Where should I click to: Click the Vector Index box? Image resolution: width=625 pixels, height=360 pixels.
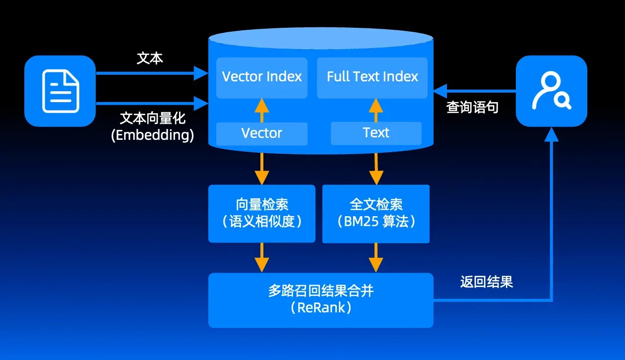pyautogui.click(x=262, y=77)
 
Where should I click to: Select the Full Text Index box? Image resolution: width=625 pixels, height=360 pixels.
pyautogui.click(x=372, y=77)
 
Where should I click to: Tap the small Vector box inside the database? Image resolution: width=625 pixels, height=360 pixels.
pyautogui.click(x=262, y=133)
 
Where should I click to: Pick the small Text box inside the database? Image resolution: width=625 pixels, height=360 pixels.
pyautogui.click(x=376, y=133)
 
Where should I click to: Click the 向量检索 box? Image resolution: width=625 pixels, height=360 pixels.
pyautogui.click(x=262, y=213)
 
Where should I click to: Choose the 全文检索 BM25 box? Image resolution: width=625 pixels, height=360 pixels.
pyautogui.click(x=376, y=214)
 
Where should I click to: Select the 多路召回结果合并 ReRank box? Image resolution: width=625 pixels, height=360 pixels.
pyautogui.click(x=320, y=300)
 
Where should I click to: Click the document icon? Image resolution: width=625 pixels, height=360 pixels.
pyautogui.click(x=60, y=91)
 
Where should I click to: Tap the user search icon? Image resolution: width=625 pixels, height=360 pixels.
pyautogui.click(x=551, y=91)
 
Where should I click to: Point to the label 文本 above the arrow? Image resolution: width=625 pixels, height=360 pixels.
pyautogui.click(x=150, y=58)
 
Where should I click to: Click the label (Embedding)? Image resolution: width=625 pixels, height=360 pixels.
pyautogui.click(x=152, y=135)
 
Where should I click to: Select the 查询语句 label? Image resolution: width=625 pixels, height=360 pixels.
pyautogui.click(x=472, y=107)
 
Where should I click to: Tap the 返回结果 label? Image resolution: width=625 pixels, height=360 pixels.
pyautogui.click(x=486, y=282)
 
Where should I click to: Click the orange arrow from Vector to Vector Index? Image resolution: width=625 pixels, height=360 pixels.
pyautogui.click(x=261, y=110)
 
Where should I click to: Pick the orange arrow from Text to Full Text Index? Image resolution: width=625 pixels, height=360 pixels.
pyautogui.click(x=375, y=110)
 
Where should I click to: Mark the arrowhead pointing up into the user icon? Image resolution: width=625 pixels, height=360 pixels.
pyautogui.click(x=551, y=134)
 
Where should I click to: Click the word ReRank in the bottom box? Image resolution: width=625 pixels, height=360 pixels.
pyautogui.click(x=321, y=307)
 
